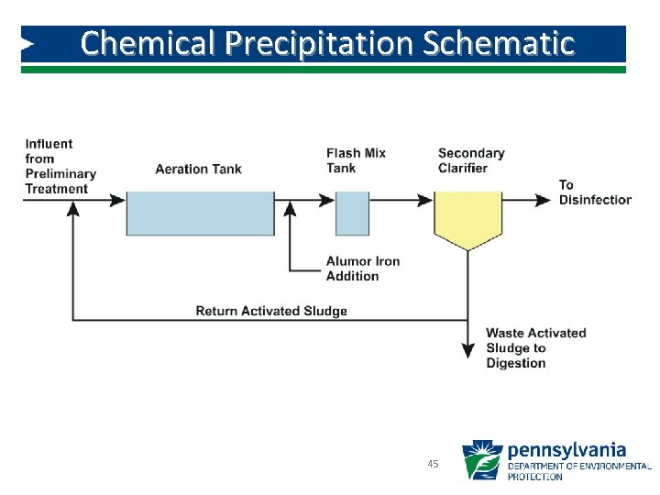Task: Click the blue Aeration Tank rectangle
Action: (199, 214)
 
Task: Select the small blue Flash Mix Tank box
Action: (352, 214)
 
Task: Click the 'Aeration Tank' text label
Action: (199, 169)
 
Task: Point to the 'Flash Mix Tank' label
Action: (356, 160)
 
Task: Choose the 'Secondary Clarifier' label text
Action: (471, 160)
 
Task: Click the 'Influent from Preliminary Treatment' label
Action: (60, 166)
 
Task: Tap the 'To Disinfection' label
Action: (594, 192)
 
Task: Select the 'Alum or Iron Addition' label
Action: (363, 269)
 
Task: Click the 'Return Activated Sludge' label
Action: (271, 311)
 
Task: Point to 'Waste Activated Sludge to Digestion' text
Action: (535, 347)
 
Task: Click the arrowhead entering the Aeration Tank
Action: (116, 199)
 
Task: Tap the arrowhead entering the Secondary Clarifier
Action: (424, 199)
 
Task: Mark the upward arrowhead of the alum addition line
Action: (291, 209)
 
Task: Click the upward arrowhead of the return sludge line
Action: (73, 209)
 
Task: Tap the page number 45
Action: (433, 464)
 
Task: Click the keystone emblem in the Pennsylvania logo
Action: (481, 460)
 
